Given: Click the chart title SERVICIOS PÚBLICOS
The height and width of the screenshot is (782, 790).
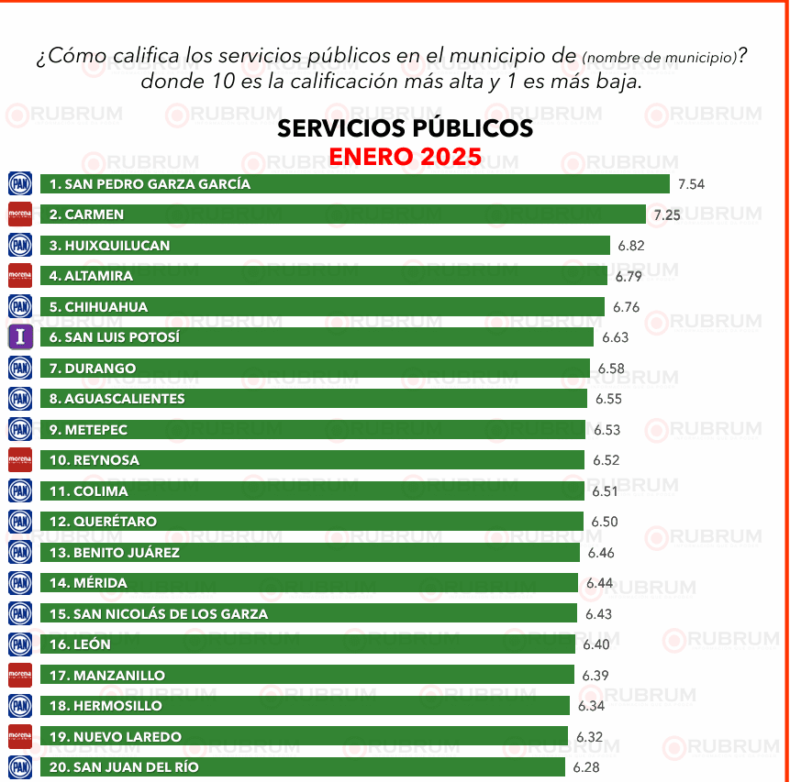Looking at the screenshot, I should click(405, 128).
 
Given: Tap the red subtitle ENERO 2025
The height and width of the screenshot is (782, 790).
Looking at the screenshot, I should click(405, 157).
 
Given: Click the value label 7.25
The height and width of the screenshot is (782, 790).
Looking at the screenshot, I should click(667, 215).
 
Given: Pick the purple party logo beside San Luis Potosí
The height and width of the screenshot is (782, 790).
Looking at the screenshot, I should click(20, 337).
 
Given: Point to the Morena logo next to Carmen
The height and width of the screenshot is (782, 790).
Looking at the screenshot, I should click(20, 215).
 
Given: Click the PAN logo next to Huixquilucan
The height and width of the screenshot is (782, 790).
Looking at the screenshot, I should click(20, 245).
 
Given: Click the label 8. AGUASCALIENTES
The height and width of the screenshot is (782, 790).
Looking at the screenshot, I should click(117, 399).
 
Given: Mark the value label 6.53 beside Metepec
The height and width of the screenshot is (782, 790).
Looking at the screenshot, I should click(606, 430).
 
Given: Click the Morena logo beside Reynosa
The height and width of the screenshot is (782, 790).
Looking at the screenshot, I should click(20, 460).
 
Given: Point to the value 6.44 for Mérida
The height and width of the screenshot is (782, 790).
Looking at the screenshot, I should click(600, 583).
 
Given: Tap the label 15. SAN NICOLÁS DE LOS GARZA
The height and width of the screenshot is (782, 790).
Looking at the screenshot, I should click(158, 614).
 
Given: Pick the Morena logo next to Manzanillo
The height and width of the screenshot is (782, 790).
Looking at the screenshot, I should click(20, 676).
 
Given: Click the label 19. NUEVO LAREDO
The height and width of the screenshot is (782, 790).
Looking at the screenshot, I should click(115, 737).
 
